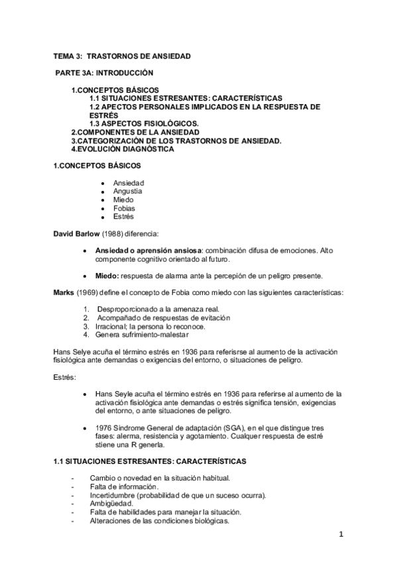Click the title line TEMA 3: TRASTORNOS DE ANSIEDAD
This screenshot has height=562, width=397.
click(122, 56)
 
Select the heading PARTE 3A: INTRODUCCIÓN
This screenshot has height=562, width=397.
click(104, 73)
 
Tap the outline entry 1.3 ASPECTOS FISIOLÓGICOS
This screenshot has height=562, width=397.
click(144, 123)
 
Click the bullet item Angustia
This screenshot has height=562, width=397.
click(128, 191)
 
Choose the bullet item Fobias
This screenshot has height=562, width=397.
click(125, 208)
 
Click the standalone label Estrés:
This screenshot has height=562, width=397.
click(65, 377)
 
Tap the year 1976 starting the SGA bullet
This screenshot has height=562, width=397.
click(105, 428)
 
